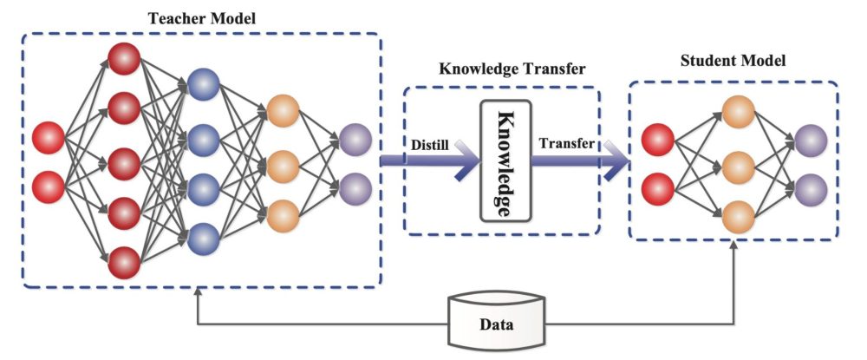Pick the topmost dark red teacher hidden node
[124, 59]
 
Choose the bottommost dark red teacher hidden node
[124, 261]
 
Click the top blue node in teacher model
[203, 85]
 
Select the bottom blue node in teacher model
[203, 237]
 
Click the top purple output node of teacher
[355, 139]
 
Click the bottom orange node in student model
[738, 213]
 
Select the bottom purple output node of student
[811, 187]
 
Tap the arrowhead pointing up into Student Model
[736, 248]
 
